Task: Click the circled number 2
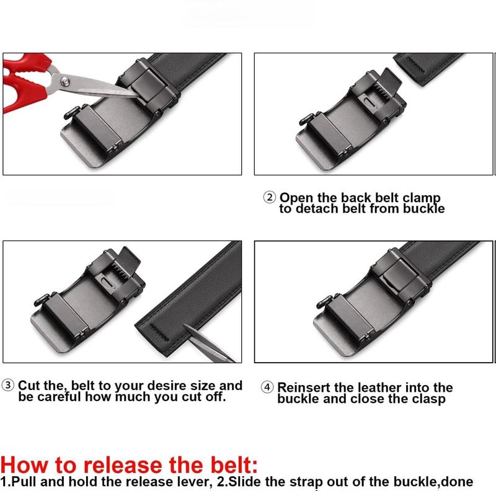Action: (269, 198)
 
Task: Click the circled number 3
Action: (9, 386)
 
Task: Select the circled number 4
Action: (267, 387)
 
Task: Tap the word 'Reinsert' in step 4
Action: (309, 387)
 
